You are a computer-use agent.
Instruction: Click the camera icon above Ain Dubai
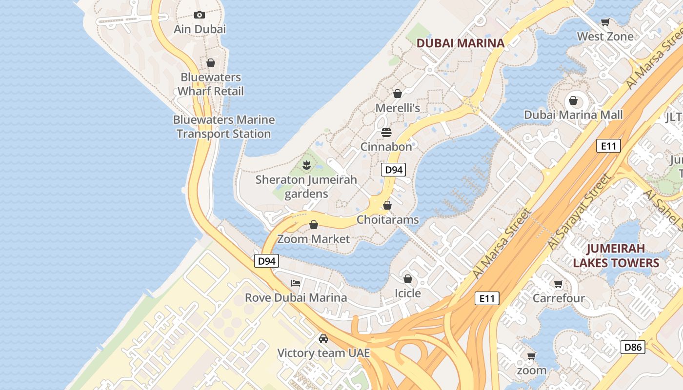coord(199,15)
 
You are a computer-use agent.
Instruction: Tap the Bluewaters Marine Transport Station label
coord(224,127)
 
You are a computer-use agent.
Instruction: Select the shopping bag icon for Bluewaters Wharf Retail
coord(211,63)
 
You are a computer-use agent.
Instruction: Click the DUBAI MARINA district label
coord(461,43)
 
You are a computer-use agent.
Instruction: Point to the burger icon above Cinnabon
coord(386,133)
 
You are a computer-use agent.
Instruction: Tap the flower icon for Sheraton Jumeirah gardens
coord(306,165)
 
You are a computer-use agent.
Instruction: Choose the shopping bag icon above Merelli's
coord(398,94)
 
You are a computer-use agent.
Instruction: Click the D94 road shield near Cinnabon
coord(393,170)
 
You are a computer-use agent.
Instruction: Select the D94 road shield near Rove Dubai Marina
coord(266,261)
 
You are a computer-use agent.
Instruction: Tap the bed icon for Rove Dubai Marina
coord(296,283)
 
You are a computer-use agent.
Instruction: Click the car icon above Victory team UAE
coord(323,338)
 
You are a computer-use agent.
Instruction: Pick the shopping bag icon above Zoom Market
coord(314,225)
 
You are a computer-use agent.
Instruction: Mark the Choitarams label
coord(387,220)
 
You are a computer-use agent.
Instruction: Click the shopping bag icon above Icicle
coord(407,279)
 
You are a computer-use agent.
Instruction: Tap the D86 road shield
coord(633,347)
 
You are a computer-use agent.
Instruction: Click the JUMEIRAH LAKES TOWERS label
coord(616,256)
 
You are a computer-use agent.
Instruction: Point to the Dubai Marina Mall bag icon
coord(573,100)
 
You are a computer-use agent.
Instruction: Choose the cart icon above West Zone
coord(605,22)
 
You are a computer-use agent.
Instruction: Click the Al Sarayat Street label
coord(579,212)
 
